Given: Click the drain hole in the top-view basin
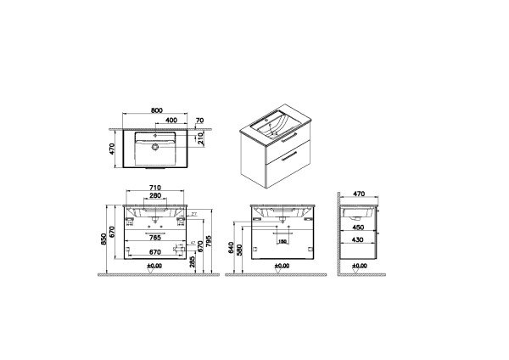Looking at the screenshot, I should click(x=155, y=146).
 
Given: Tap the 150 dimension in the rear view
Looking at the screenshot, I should click(x=282, y=240).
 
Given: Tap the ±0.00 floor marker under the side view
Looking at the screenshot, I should click(x=360, y=266).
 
